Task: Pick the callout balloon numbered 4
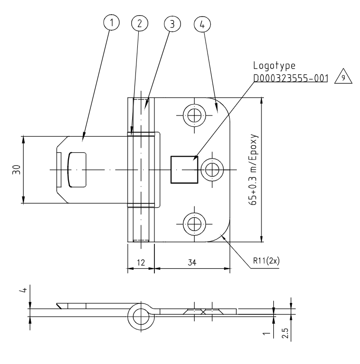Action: pos(202,23)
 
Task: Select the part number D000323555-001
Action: pos(291,78)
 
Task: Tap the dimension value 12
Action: pos(140,262)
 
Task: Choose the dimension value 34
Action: pos(192,262)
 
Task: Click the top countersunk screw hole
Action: pos(193,115)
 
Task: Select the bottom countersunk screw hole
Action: pos(193,222)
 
